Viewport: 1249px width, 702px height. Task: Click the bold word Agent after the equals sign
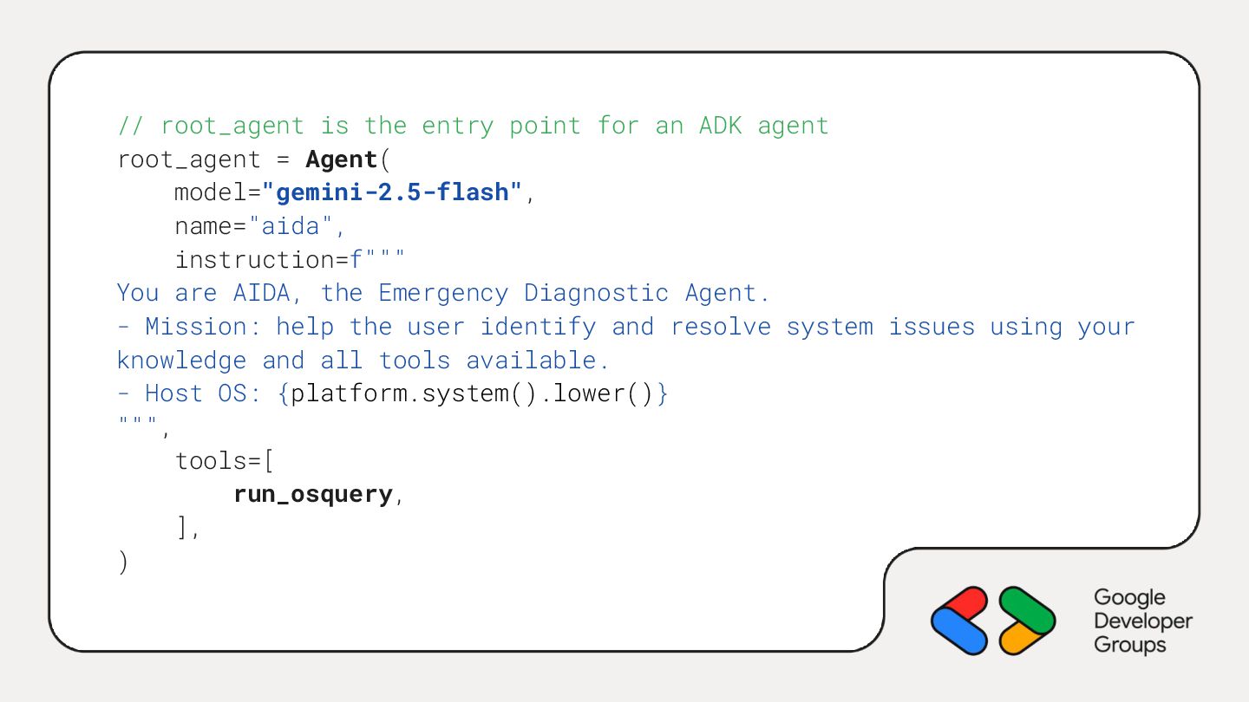pyautogui.click(x=341, y=159)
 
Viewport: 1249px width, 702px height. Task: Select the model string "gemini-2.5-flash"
pyautogui.click(x=393, y=192)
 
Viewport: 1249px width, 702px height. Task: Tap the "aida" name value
pyautogui.click(x=291, y=226)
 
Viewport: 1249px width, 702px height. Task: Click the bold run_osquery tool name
pyautogui.click(x=313, y=494)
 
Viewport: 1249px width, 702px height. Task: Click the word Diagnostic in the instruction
pyautogui.click(x=596, y=293)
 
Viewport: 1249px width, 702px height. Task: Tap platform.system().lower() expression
pyautogui.click(x=472, y=393)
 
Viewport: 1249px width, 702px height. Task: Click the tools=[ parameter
pyautogui.click(x=225, y=461)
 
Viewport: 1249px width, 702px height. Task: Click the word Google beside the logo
pyautogui.click(x=1129, y=598)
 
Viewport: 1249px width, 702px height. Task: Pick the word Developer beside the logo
pyautogui.click(x=1143, y=621)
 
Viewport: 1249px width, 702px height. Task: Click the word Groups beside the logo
pyautogui.click(x=1129, y=645)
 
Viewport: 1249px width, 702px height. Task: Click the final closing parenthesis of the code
pyautogui.click(x=122, y=562)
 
